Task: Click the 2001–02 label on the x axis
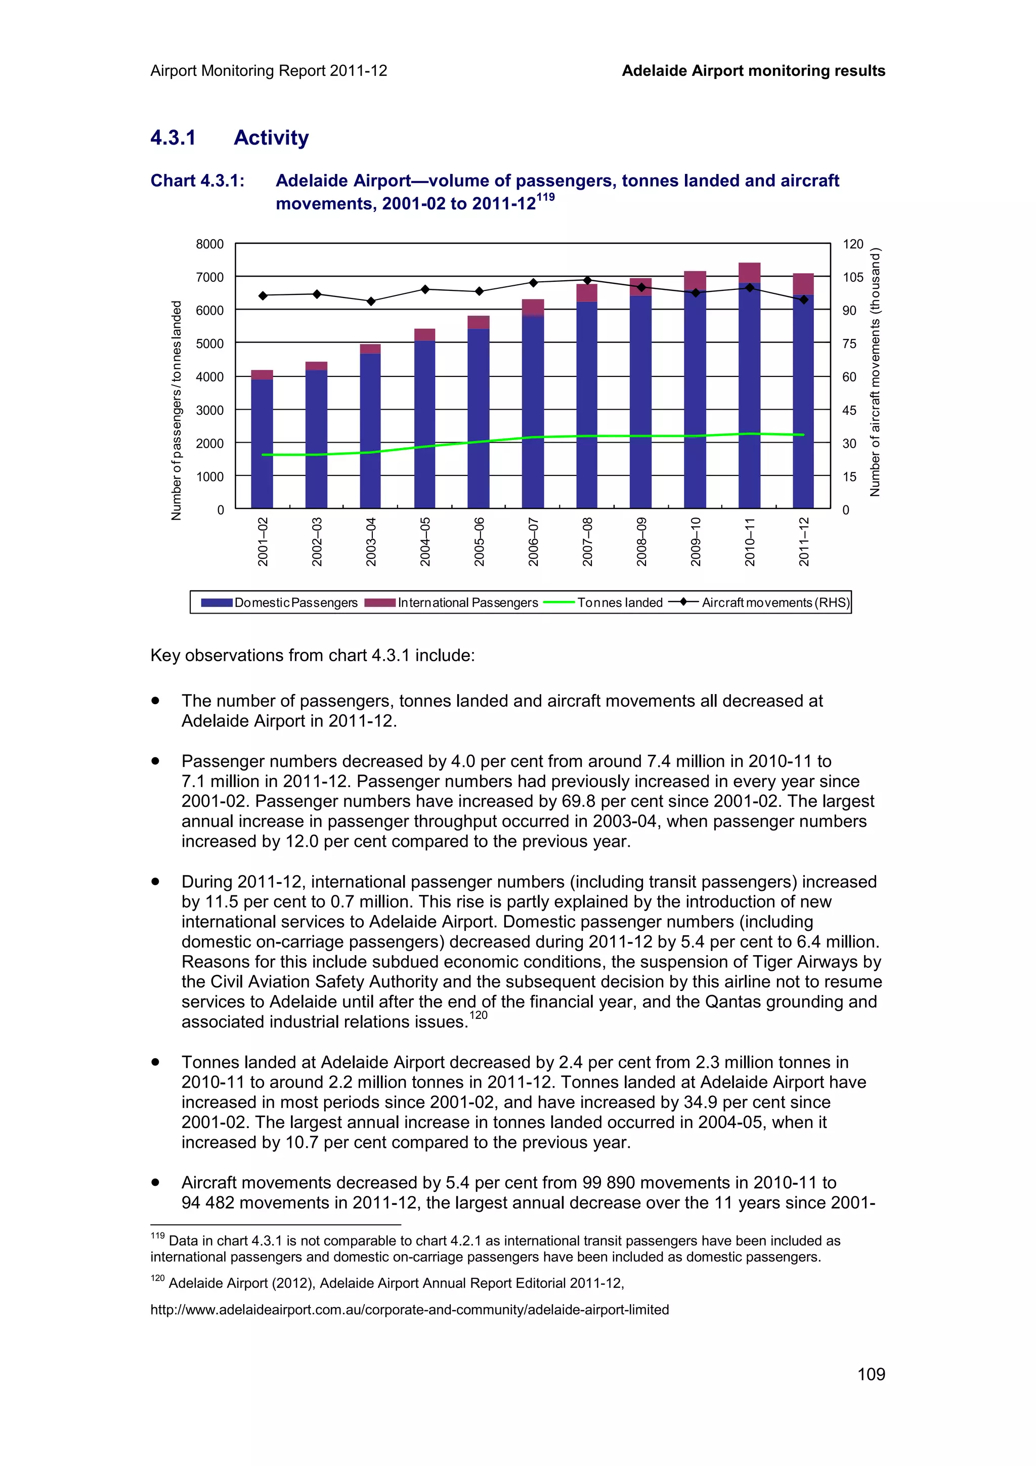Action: point(263,541)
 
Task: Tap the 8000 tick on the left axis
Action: point(209,244)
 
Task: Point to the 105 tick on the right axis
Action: point(852,277)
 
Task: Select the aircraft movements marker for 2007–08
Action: point(587,280)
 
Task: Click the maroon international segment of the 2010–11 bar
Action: point(749,273)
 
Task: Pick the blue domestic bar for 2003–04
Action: point(370,434)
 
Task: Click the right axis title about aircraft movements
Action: point(875,372)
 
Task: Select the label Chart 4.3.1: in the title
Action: point(197,181)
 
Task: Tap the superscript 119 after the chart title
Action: point(545,197)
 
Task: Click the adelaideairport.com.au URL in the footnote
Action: point(409,1310)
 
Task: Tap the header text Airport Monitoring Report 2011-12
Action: point(269,71)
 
